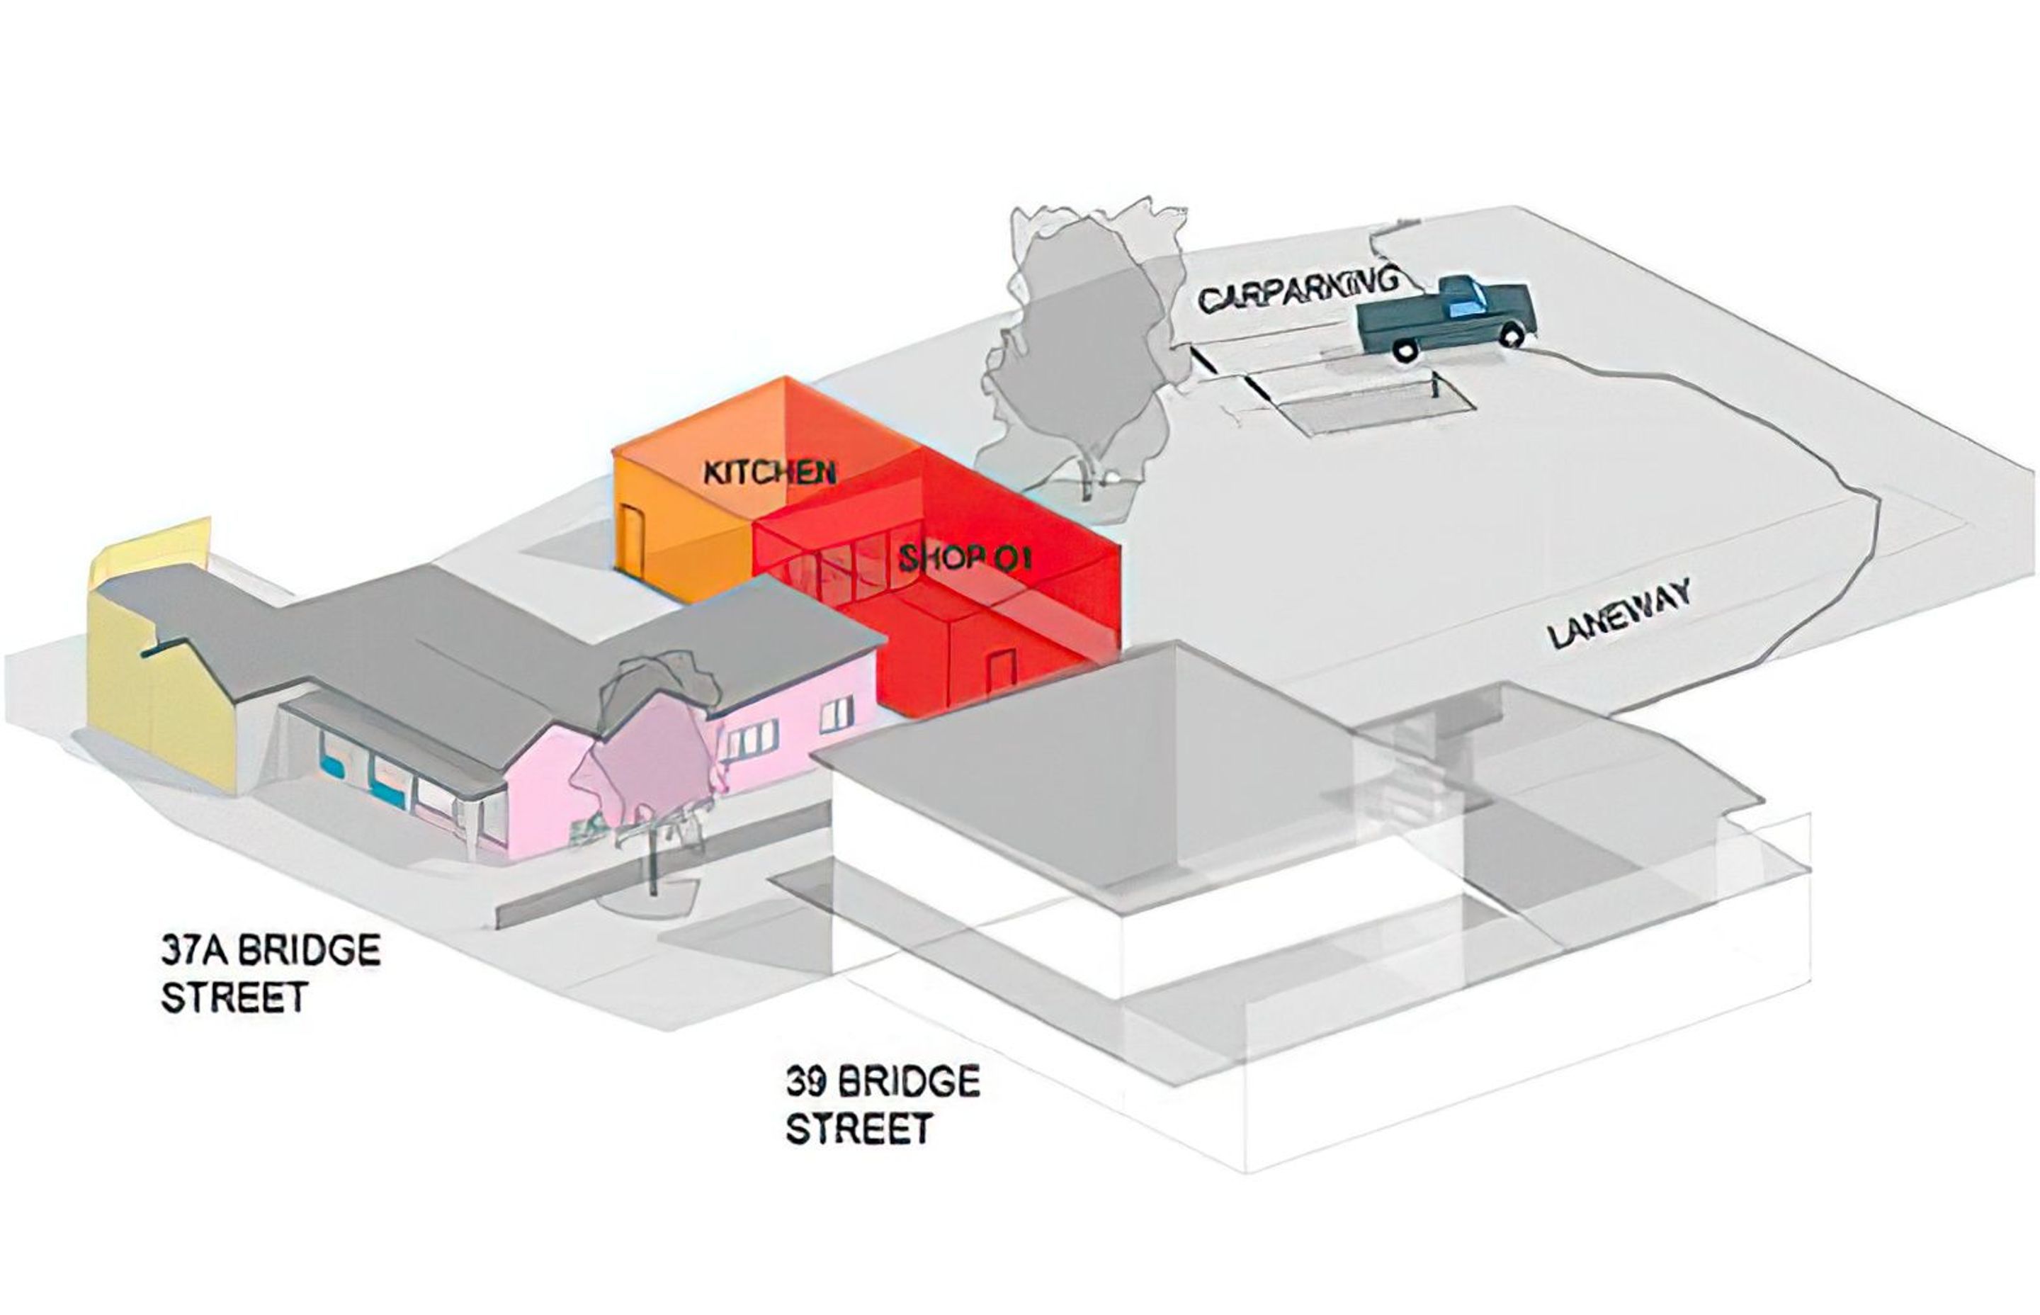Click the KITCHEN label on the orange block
(769, 472)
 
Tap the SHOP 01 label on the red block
(965, 559)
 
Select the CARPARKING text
(1298, 290)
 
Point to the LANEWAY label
(1619, 615)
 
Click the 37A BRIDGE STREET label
(269, 973)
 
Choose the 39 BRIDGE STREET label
(882, 1105)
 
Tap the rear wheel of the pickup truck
(1404, 349)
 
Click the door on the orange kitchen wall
(633, 536)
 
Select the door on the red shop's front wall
(1000, 671)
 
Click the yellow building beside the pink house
(158, 683)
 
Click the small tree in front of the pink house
(653, 752)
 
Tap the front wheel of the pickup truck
(1512, 334)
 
